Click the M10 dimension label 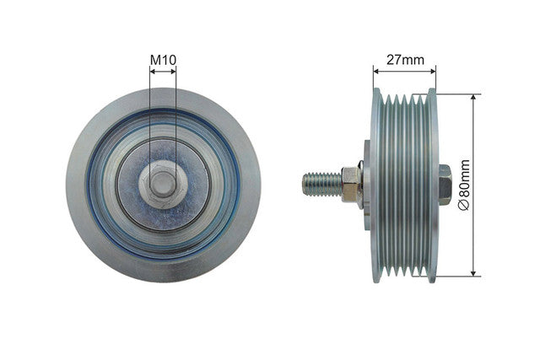[163, 60]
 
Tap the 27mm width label [405, 60]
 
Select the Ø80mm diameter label [464, 185]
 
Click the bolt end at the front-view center [163, 184]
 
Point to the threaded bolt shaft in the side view [322, 185]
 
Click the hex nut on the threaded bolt [351, 184]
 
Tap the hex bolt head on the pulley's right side [445, 185]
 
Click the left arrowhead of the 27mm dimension [376, 72]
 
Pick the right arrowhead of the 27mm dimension [433, 72]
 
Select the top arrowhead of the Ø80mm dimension [473, 97]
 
